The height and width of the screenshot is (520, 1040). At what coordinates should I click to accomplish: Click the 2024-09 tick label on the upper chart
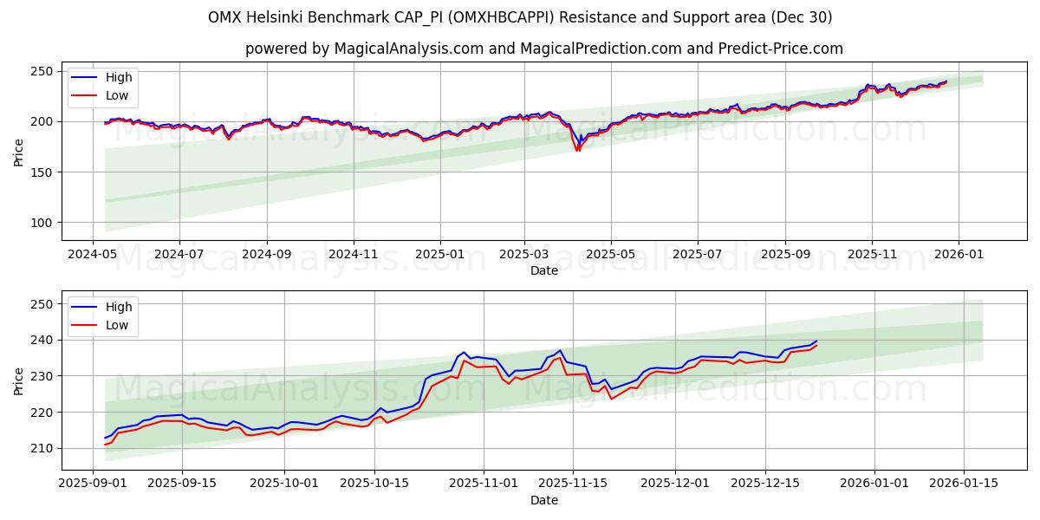pos(266,254)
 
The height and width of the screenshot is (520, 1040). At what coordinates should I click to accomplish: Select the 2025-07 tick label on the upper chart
pos(698,254)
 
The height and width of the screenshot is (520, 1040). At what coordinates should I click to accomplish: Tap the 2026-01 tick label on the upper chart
pos(959,254)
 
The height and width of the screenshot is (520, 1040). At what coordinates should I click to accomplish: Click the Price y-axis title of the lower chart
pos(18,380)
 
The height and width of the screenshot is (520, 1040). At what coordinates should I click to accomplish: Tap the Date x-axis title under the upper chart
pos(544,270)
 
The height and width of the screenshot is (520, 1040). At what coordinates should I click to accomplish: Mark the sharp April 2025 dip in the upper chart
pos(577,149)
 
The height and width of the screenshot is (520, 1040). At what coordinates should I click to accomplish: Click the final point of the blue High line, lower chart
pos(816,341)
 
